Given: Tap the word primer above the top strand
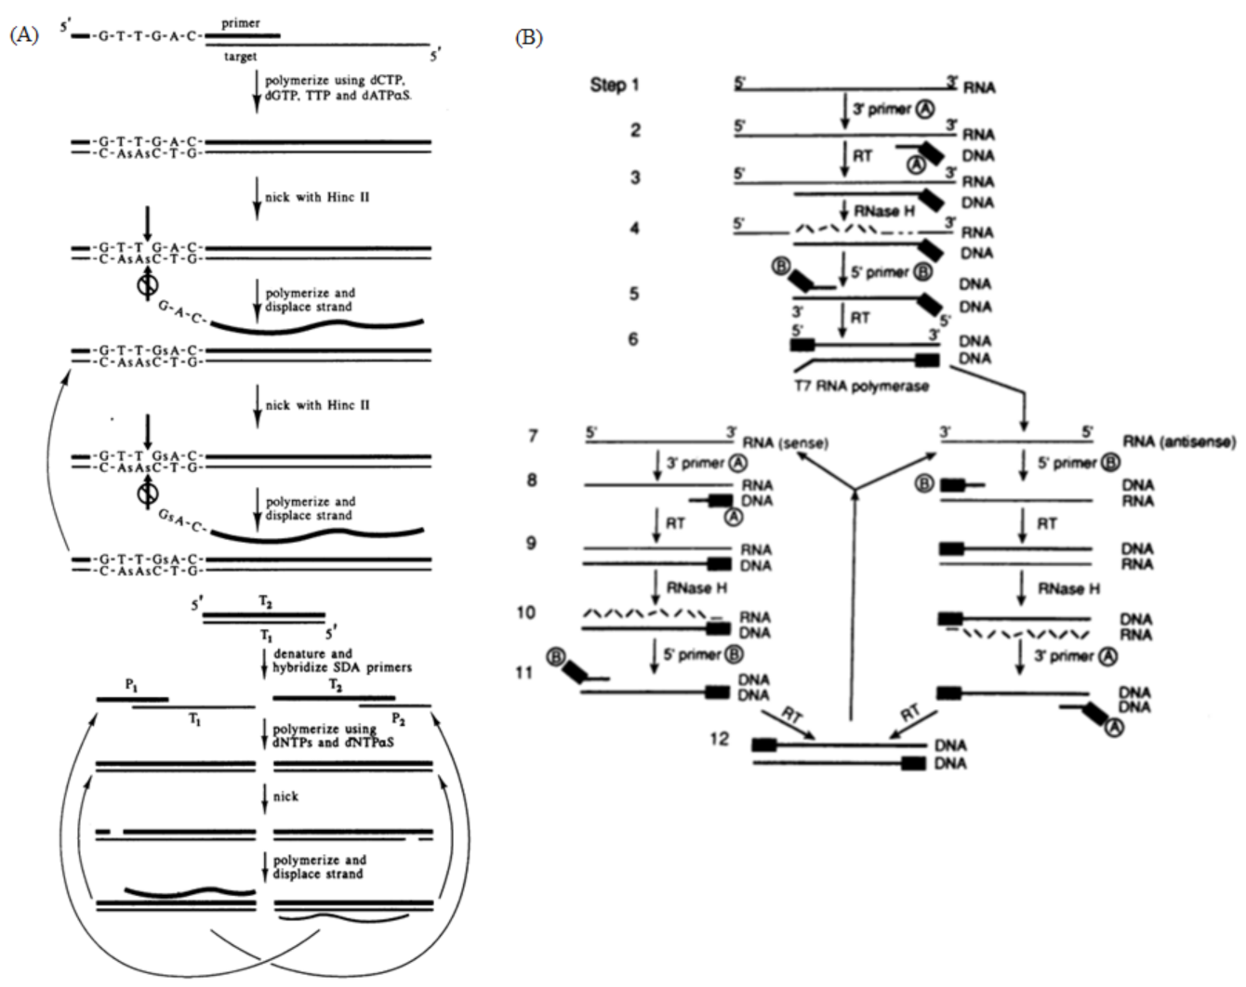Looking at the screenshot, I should point(240,23).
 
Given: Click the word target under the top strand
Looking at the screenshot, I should point(241,58).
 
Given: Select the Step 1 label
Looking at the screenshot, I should point(615,86).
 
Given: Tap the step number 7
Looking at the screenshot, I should point(532,435).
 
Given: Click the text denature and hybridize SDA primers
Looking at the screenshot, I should point(342,660).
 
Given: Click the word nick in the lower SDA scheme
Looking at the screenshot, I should point(286,796).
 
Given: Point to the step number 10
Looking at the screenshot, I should point(525,614).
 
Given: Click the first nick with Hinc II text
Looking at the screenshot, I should point(317,197).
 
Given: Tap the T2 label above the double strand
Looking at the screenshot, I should point(265,603).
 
